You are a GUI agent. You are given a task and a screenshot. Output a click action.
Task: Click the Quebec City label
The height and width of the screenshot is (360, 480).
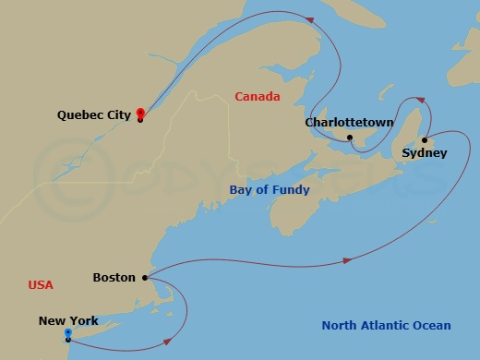click(x=93, y=115)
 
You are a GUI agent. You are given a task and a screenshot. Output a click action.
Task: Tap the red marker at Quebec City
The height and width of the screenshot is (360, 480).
click(x=139, y=113)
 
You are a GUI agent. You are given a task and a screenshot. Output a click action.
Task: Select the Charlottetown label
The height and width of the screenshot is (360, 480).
click(x=350, y=123)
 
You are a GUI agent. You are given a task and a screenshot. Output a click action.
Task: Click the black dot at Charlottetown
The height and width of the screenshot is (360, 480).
click(x=350, y=138)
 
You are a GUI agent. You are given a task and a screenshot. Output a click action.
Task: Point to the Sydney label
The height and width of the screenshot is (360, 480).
click(x=426, y=153)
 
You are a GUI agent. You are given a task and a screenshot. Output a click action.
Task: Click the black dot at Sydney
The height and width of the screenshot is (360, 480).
click(x=425, y=140)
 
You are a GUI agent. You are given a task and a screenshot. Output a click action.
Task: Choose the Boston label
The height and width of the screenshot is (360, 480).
click(x=114, y=277)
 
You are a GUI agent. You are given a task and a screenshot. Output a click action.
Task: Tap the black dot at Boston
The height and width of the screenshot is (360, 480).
click(x=145, y=277)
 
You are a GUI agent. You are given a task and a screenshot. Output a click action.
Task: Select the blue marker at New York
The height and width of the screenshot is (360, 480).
click(x=68, y=332)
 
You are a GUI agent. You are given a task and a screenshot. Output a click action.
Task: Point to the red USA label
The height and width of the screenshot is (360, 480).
click(x=41, y=285)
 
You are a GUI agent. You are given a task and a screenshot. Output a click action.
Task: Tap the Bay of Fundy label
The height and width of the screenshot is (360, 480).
click(x=270, y=190)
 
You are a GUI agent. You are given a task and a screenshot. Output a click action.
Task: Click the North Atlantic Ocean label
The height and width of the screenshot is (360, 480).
click(x=386, y=325)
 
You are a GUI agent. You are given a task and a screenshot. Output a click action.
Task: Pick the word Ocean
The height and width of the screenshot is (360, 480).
click(x=432, y=325)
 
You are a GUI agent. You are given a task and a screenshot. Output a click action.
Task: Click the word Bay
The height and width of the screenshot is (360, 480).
click(x=241, y=190)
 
